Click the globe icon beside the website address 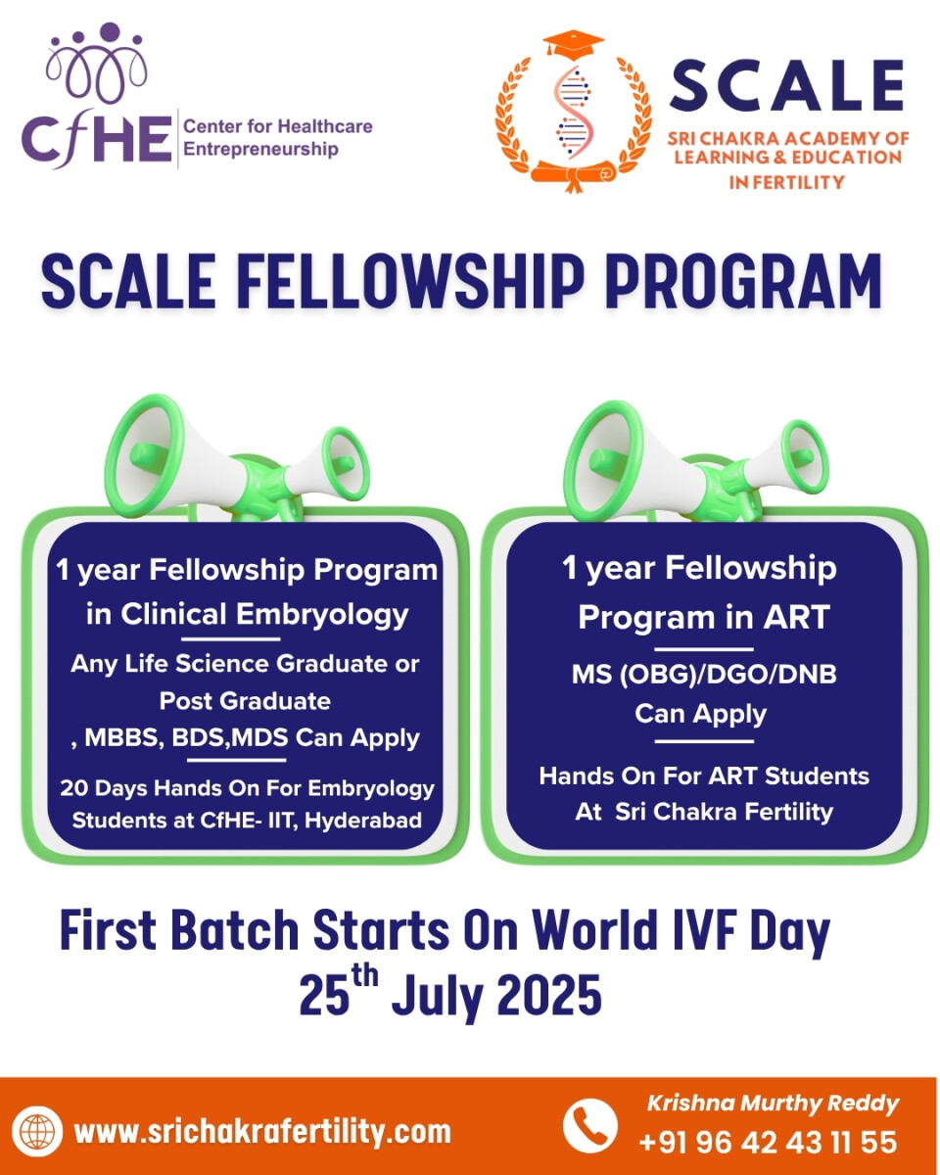[37, 1131]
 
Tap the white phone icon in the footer [589, 1125]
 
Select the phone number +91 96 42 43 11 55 [768, 1143]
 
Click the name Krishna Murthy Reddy [773, 1104]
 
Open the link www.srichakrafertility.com [262, 1131]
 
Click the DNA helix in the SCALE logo [573, 112]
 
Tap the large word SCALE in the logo [786, 85]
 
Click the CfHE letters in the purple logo [97, 141]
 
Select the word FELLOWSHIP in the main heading [409, 282]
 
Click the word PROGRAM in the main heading [743, 282]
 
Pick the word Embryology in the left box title [322, 615]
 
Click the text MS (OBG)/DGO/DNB [704, 675]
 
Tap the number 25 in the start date [324, 995]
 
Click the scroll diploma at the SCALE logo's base [574, 174]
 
